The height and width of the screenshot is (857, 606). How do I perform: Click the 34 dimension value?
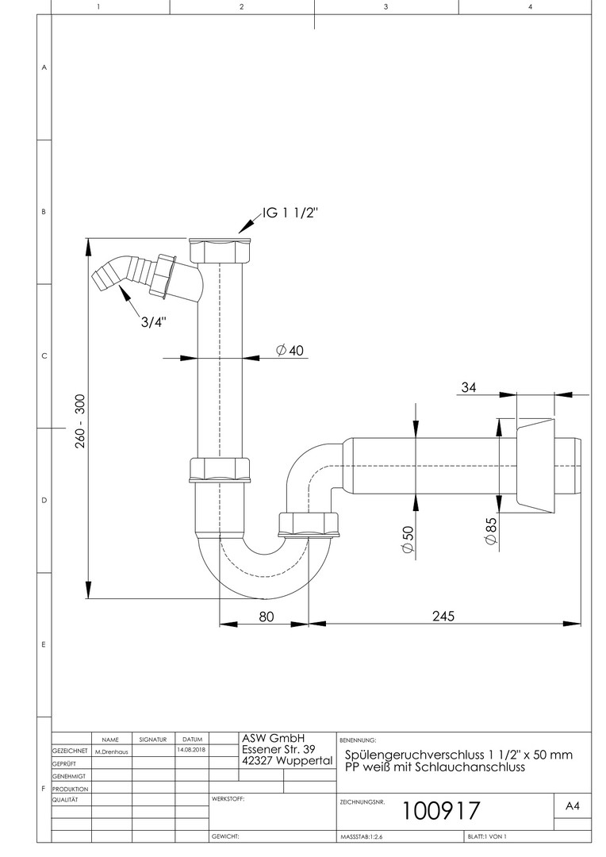click(470, 387)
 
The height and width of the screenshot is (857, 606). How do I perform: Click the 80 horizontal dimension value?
click(267, 617)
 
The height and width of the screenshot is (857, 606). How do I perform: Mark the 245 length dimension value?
click(445, 617)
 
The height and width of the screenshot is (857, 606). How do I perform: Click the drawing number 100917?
click(441, 810)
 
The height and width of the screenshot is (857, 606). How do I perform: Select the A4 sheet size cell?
click(572, 805)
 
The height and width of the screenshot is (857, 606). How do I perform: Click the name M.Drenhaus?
click(111, 750)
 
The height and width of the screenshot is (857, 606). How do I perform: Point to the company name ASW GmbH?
click(274, 737)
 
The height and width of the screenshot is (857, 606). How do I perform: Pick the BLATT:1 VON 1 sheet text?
click(487, 836)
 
